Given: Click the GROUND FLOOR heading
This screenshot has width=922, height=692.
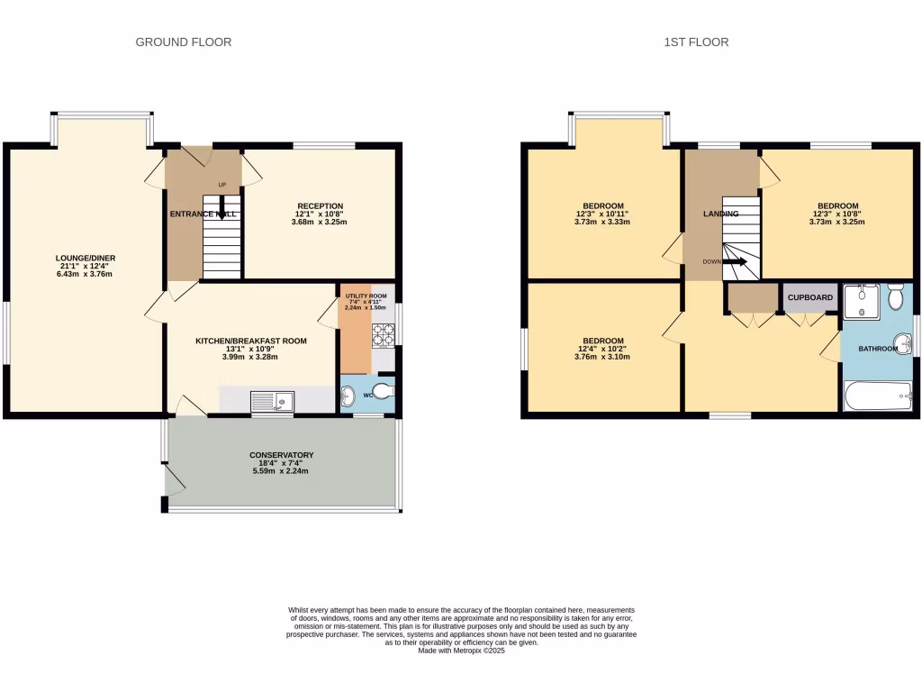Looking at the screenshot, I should (x=183, y=42).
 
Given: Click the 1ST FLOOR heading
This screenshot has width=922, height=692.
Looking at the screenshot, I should (x=696, y=42).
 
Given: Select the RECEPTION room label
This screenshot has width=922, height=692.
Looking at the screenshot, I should (x=321, y=206).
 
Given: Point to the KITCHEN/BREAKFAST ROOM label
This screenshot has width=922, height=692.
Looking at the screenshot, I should (x=251, y=341).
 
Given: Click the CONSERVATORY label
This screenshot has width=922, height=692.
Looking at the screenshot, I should (x=281, y=455).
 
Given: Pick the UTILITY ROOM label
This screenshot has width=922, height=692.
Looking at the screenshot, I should (x=366, y=296).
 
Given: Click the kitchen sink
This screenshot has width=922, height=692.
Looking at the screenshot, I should (x=272, y=399).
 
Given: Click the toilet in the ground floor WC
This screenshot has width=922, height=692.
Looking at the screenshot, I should (x=384, y=391).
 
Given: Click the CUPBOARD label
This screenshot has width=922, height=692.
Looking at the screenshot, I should (x=810, y=297).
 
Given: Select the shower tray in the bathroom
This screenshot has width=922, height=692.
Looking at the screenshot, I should (x=862, y=301).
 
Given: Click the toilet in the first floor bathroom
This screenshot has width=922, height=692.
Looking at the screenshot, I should (x=897, y=296).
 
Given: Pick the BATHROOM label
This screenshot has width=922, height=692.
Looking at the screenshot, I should (x=877, y=349).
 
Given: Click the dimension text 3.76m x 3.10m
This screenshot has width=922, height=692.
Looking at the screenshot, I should (x=602, y=357).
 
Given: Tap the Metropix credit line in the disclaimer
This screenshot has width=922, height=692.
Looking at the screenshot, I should (x=461, y=651).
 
